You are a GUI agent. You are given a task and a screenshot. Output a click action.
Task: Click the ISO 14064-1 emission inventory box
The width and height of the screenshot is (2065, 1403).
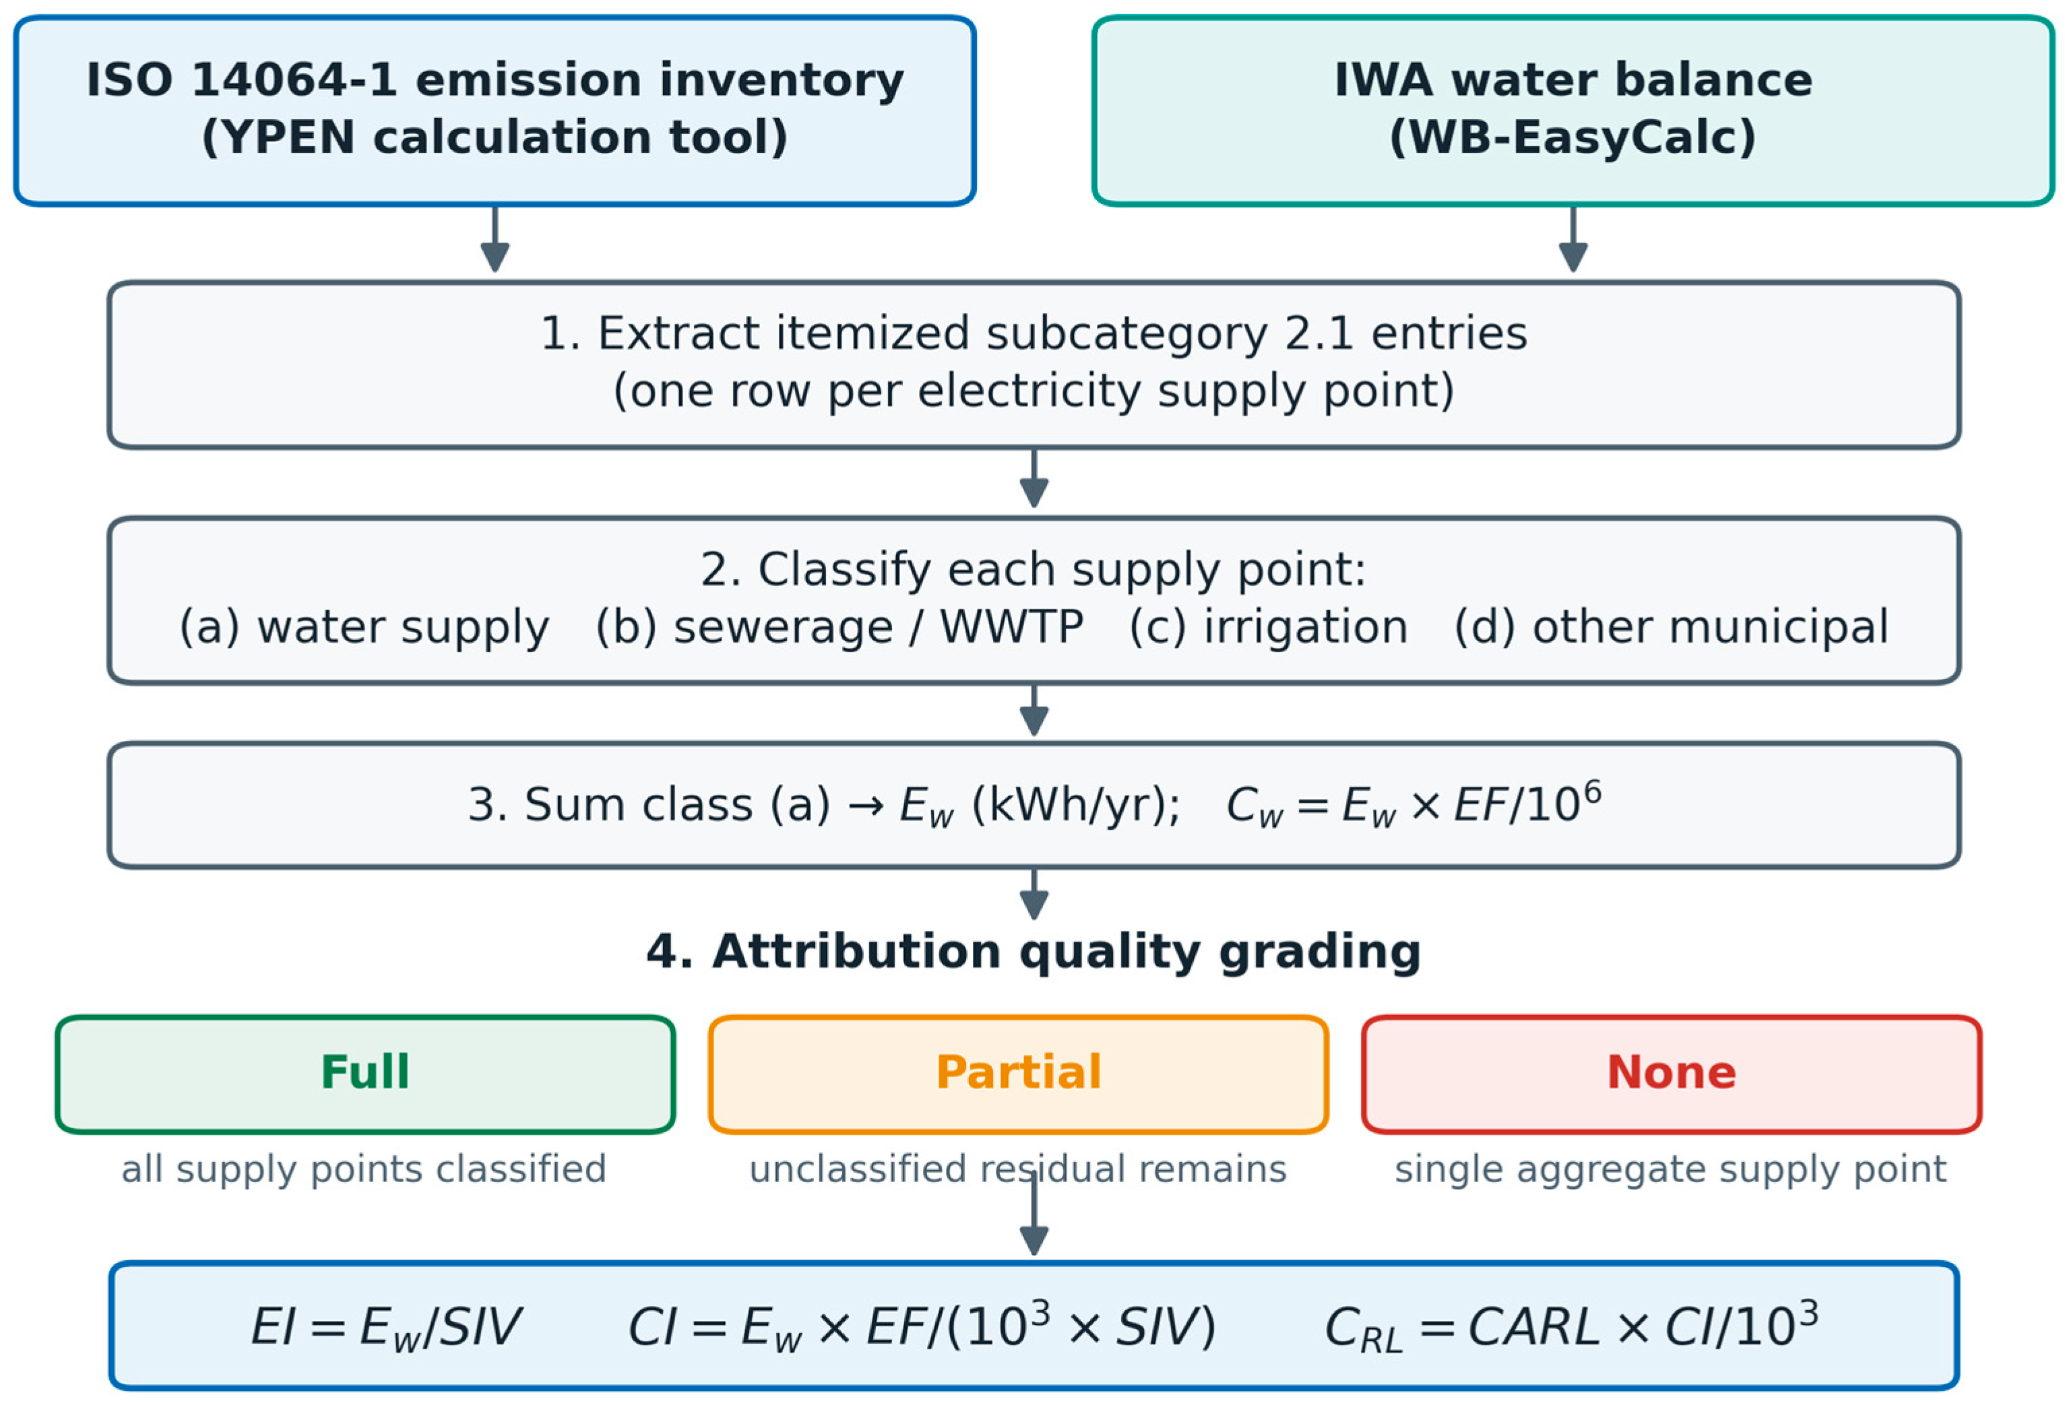coord(495,111)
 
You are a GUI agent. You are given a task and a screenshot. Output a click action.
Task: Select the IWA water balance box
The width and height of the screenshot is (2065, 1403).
coord(1572,111)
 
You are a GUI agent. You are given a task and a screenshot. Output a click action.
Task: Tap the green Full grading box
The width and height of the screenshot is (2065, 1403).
coord(365,1074)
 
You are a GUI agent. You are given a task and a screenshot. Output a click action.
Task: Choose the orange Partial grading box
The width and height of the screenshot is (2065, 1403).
coord(1018,1074)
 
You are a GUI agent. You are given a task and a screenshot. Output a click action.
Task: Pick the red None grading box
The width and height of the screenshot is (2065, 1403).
coord(1672,1074)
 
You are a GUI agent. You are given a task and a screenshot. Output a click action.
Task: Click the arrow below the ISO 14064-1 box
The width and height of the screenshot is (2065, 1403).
coord(495,239)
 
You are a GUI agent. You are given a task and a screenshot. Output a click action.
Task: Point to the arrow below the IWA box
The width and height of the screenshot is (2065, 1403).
coord(1572,239)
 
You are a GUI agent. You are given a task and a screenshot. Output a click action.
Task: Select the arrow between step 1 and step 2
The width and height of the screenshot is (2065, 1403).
coord(1034,478)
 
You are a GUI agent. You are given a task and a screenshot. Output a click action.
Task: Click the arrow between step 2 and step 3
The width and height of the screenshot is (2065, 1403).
coord(1034,710)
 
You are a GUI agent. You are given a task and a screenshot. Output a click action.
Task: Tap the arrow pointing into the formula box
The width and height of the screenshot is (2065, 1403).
coord(1034,1214)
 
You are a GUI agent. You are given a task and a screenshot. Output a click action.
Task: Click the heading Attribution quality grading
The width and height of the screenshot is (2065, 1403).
coord(1034,952)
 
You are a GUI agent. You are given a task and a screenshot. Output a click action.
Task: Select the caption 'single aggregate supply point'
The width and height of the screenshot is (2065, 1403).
coord(1670,1169)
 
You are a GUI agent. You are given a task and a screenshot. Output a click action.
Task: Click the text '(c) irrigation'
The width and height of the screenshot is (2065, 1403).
coord(1268,627)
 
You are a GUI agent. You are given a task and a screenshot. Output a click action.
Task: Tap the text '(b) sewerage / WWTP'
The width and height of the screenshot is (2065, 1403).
coord(839,627)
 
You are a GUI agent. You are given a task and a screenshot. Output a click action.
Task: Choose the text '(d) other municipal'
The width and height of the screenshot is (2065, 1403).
coord(1670,627)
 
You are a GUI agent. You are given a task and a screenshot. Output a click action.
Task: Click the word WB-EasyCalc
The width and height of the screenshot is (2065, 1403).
coord(1572,137)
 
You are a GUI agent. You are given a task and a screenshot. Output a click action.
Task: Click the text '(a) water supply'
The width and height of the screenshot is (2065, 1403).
coord(364,627)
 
